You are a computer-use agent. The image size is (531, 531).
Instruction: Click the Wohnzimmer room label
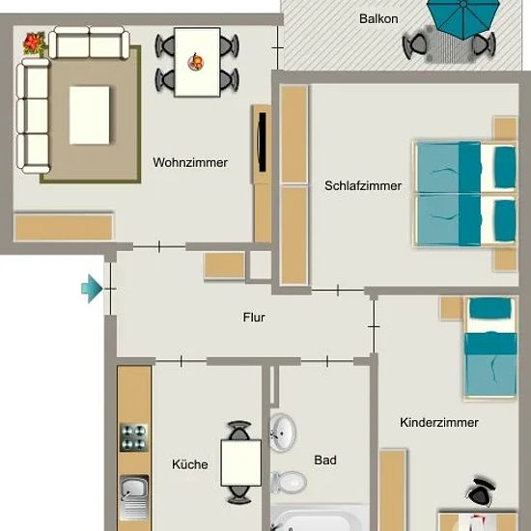coord(190,162)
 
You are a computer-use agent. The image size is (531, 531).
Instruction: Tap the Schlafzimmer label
coord(363,185)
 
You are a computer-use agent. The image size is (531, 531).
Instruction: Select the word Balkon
coord(378,18)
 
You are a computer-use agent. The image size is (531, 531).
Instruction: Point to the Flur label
coord(254,318)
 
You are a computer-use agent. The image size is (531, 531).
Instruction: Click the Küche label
coord(190,464)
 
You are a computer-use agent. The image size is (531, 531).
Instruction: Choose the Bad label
coord(325,460)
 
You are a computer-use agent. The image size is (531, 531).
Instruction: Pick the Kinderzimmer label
coord(439,422)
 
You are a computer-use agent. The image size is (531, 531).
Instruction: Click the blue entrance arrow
coord(92,289)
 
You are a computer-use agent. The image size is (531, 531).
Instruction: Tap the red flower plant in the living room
coord(34,43)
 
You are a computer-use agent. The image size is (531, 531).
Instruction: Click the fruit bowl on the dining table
coord(196,62)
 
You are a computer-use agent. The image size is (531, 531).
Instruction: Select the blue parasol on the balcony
coord(463,17)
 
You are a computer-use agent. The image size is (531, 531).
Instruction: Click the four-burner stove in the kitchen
coord(134,437)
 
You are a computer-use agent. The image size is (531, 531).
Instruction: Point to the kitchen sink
coord(134,497)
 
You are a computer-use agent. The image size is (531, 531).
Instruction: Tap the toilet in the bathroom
coord(289,482)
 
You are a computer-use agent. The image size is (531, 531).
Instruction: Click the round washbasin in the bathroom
coord(283,433)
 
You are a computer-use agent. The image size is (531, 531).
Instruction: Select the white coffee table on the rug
coord(90,115)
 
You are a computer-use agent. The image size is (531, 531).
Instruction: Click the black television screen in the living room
coord(262,142)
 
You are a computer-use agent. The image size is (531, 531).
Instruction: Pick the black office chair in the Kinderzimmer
coord(481,491)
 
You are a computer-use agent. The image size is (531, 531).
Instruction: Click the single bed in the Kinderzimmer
coord(490,348)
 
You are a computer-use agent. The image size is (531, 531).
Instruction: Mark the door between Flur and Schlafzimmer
coord(338,291)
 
